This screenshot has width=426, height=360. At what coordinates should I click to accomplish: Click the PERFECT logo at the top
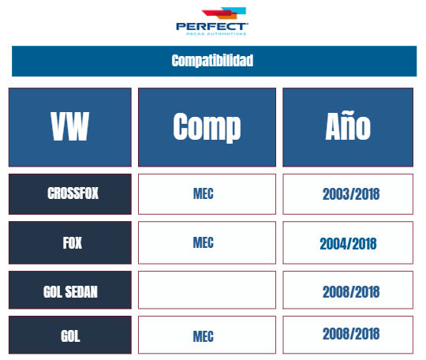[212, 21]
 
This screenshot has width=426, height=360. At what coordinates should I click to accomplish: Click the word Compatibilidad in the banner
[212, 61]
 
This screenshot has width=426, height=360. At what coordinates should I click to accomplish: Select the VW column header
[70, 127]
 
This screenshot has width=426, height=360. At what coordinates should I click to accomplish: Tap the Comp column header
[207, 127]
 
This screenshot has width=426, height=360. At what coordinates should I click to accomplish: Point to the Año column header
[348, 127]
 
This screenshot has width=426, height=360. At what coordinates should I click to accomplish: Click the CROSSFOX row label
[70, 194]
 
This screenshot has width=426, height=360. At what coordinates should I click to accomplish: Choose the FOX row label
[70, 242]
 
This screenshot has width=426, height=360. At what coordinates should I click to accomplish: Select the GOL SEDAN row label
[70, 290]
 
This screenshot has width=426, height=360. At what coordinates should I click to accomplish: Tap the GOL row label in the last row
[70, 335]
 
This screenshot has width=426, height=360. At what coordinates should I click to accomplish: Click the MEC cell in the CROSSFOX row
[207, 194]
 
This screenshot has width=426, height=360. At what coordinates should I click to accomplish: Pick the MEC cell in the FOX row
[207, 242]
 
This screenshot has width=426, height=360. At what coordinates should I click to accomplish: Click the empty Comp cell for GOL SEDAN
[207, 290]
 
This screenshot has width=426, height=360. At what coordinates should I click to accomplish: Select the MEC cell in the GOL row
[207, 335]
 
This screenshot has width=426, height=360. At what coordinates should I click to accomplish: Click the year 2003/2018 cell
[348, 194]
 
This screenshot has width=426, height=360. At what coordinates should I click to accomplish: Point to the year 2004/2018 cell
[348, 242]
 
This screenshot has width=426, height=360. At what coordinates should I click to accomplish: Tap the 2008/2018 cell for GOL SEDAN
[348, 290]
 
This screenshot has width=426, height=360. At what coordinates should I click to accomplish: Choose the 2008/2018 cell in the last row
[348, 335]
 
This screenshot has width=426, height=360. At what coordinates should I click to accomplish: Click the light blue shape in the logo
[237, 10]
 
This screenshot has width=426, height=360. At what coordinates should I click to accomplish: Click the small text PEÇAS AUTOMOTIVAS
[216, 34]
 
